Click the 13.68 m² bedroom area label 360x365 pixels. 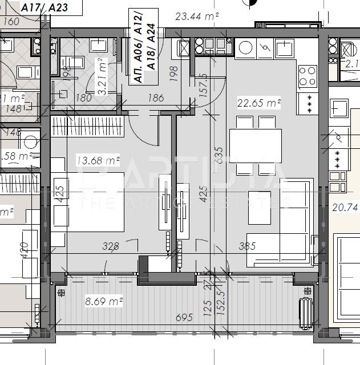point(98,161)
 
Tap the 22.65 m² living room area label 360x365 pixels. point(260,103)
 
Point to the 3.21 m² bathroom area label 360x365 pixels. point(103,76)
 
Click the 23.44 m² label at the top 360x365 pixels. point(197,17)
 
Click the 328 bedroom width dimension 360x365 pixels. point(110,246)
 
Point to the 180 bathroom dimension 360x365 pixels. point(84,98)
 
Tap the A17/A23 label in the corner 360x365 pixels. point(44,7)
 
